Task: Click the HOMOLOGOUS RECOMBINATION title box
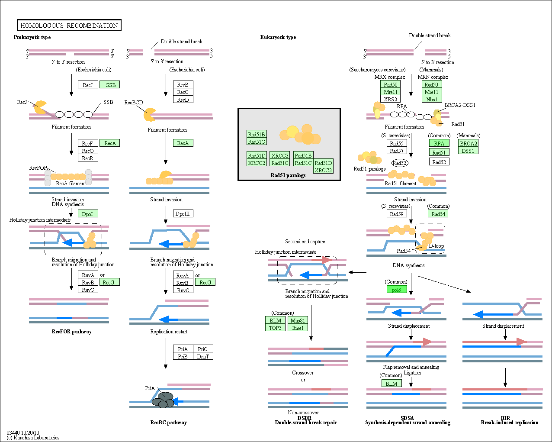click(69, 25)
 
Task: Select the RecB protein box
click(183, 84)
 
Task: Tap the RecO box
click(88, 151)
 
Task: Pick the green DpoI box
click(88, 214)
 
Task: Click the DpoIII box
click(183, 213)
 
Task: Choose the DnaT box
click(203, 356)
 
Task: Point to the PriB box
click(183, 356)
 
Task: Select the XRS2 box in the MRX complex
click(390, 99)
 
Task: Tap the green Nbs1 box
click(432, 99)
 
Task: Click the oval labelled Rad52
click(400, 163)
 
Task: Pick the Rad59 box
click(397, 213)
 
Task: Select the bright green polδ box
click(397, 290)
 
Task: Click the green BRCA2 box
click(468, 143)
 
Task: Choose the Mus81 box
click(298, 320)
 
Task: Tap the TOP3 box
click(275, 328)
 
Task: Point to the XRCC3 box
click(280, 155)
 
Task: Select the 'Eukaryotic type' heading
click(278, 37)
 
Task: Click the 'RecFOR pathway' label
click(71, 331)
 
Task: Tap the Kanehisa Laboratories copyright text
click(33, 438)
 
